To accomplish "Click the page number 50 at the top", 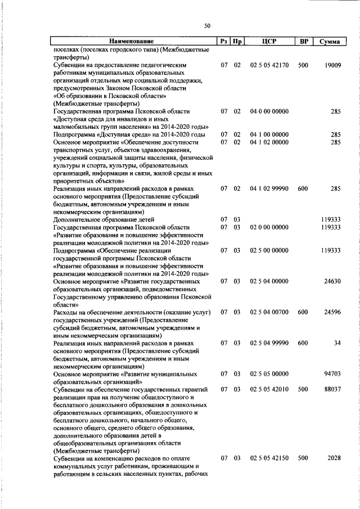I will click(x=207, y=26).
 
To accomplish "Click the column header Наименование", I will click(x=132, y=42).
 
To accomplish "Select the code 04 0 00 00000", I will click(x=269, y=112).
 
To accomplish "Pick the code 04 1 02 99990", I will click(x=269, y=190).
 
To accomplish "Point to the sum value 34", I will click(x=337, y=343).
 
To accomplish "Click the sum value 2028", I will click(x=334, y=458).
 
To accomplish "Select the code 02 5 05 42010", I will click(x=269, y=389).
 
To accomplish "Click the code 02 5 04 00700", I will click(x=269, y=312).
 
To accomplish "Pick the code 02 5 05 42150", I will click(x=269, y=458).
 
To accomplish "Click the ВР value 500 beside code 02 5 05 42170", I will click(x=303, y=65).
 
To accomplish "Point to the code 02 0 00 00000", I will click(x=269, y=227).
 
